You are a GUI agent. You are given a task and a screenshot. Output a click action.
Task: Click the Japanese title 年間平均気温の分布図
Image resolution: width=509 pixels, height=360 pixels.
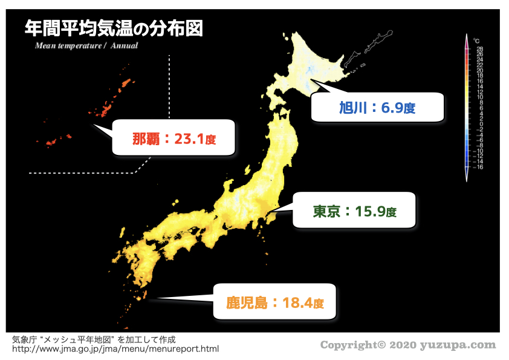(x=113, y=28)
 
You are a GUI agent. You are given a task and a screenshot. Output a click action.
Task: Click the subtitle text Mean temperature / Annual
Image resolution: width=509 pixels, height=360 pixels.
(x=86, y=45)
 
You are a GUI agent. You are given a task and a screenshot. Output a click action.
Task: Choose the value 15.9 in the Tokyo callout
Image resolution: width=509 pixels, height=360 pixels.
(x=370, y=211)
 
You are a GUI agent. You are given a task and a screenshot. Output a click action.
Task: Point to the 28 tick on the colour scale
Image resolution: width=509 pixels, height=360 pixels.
(x=479, y=48)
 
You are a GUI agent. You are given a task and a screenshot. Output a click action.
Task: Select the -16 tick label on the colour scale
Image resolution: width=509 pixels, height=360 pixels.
(x=478, y=166)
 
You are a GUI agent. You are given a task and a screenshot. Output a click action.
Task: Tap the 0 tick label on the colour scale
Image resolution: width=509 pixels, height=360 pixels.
(x=479, y=123)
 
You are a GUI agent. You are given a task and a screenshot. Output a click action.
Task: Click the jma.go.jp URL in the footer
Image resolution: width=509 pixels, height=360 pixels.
(x=115, y=349)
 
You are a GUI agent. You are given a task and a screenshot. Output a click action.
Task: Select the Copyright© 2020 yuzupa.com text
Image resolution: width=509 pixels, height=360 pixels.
(x=407, y=345)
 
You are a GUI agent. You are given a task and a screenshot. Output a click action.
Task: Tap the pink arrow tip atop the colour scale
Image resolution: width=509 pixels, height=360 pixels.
(x=467, y=38)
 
